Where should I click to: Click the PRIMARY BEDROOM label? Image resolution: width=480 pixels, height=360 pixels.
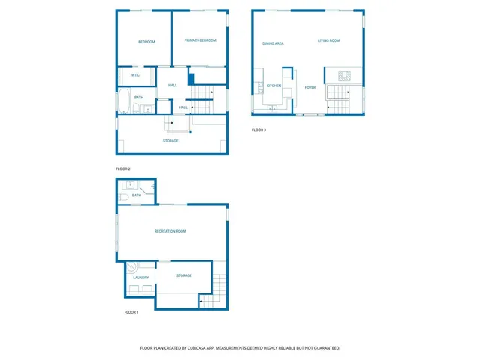pos(200,40)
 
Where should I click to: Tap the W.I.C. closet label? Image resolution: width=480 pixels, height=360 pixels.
pos(136,75)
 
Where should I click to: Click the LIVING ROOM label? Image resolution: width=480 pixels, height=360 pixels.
pos(328,40)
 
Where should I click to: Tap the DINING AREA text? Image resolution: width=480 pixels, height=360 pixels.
pos(273,44)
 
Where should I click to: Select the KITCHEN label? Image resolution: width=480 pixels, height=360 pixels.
pos(274,86)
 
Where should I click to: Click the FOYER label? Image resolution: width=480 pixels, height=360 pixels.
pos(310,87)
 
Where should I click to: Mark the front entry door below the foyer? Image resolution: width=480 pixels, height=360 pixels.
pos(310,115)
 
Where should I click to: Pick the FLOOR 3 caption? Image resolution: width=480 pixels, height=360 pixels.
pos(259,130)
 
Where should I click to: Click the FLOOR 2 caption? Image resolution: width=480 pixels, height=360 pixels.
pos(123,169)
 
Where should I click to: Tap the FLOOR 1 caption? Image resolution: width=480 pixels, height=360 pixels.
pos(131,311)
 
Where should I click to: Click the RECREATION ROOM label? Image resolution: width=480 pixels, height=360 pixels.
pos(170,231)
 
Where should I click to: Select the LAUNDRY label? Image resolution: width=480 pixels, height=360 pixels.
pos(140,277)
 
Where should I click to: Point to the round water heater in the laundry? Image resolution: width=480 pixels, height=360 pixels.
pos(132,265)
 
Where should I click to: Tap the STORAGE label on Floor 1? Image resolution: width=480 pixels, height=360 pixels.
pos(184,275)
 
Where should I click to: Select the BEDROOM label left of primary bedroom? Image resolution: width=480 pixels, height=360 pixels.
pos(146,42)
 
